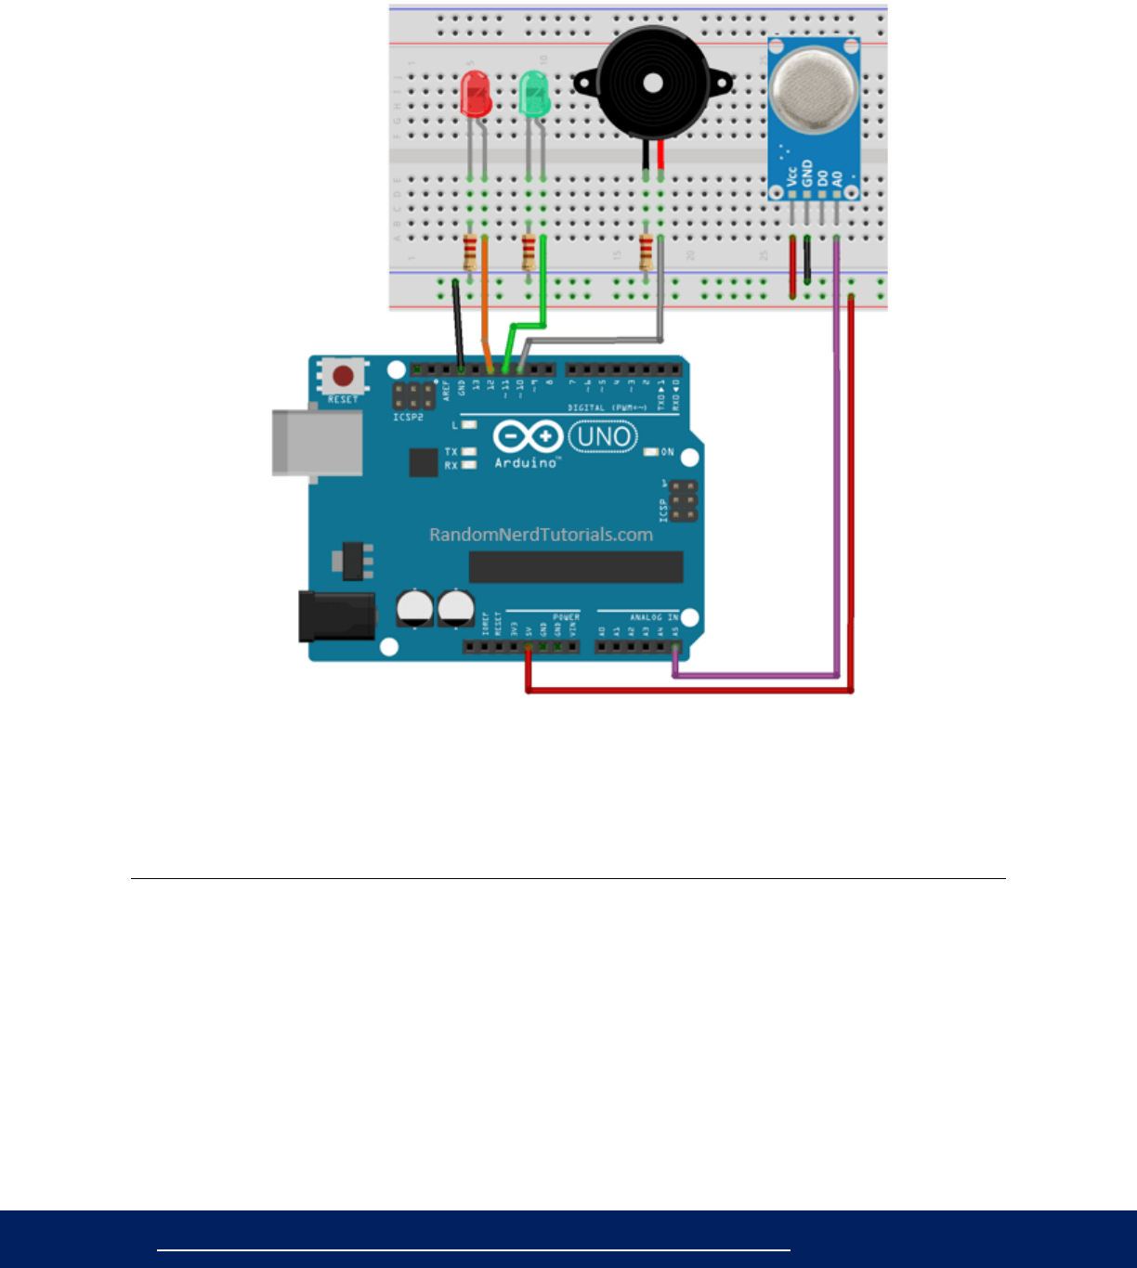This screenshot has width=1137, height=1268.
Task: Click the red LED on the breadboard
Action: [476, 94]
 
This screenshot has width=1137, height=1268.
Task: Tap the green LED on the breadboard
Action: [534, 94]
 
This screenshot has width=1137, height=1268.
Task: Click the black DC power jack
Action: [335, 616]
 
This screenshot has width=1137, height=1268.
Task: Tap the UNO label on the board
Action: [603, 436]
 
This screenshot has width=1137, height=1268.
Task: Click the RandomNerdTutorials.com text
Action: [541, 535]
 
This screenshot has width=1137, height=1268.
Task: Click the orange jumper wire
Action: [485, 306]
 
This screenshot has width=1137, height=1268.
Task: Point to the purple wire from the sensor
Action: [837, 464]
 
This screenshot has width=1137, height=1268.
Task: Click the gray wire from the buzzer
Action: [595, 341]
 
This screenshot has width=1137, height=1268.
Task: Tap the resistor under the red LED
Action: [470, 251]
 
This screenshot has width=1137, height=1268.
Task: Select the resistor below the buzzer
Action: [646, 251]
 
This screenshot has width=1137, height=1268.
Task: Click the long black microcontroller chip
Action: [576, 566]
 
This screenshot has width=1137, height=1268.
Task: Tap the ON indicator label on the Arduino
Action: [667, 452]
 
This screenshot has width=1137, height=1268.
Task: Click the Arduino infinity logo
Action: [527, 436]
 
